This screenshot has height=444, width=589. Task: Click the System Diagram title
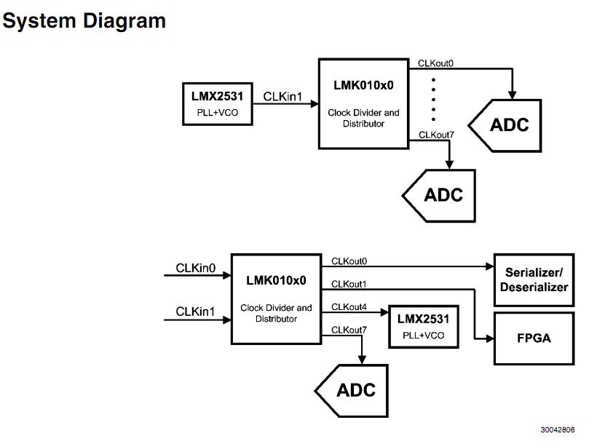pyautogui.click(x=84, y=20)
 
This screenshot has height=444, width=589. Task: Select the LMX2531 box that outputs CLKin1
pyautogui.click(x=217, y=103)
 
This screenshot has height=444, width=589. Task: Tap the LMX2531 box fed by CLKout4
pyautogui.click(x=423, y=326)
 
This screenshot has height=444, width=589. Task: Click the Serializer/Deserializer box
pyautogui.click(x=534, y=280)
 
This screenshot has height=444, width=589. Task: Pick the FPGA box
pyautogui.click(x=534, y=338)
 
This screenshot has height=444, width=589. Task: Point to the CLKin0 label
pyautogui.click(x=195, y=269)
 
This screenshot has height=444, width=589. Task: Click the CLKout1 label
pyautogui.click(x=349, y=283)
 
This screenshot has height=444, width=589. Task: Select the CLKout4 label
pyautogui.click(x=349, y=306)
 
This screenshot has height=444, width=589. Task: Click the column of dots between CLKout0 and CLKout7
pyautogui.click(x=434, y=98)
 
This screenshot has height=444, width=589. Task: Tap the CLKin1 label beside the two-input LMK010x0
pyautogui.click(x=195, y=312)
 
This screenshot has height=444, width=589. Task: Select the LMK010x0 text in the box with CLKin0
pyautogui.click(x=276, y=280)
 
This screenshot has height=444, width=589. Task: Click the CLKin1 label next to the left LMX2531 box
pyautogui.click(x=282, y=96)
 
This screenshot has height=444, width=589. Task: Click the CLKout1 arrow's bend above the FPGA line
pyautogui.click(x=475, y=290)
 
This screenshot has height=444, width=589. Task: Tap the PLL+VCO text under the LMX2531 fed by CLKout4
pyautogui.click(x=423, y=336)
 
